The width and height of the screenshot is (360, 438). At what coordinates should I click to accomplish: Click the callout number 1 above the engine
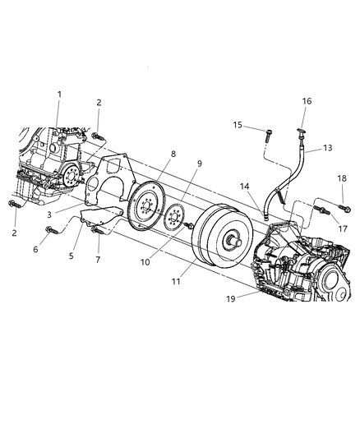click(59, 95)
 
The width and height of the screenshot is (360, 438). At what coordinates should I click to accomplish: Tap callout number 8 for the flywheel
click(173, 154)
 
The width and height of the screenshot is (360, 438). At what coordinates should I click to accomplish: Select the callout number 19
click(231, 299)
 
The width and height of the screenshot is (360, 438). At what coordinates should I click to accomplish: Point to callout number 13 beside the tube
click(328, 148)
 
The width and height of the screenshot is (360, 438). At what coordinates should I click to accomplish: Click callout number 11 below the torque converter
click(176, 282)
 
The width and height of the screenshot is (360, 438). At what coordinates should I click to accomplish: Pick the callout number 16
click(307, 101)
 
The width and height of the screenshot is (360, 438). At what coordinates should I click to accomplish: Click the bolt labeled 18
click(345, 209)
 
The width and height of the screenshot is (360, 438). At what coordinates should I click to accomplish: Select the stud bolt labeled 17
click(321, 210)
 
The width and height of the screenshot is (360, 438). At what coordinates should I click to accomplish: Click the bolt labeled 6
click(52, 230)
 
